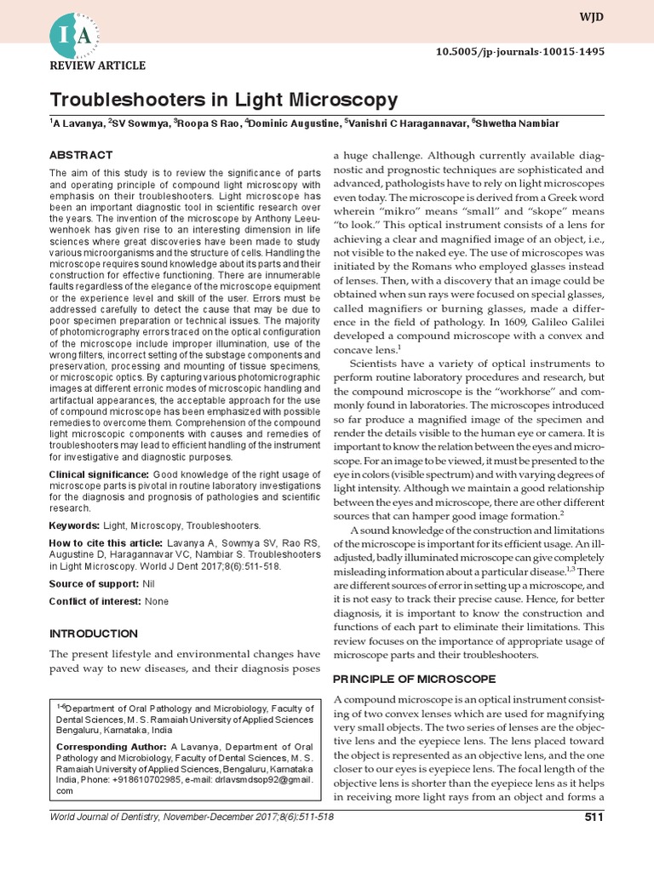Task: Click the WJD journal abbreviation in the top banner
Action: click(593, 17)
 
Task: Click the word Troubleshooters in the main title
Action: click(130, 100)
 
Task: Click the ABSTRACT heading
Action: click(81, 155)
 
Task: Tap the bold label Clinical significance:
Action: click(100, 473)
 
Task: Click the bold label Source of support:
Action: click(95, 583)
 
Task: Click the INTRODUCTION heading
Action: click(94, 634)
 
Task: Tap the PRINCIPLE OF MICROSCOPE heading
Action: click(414, 679)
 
